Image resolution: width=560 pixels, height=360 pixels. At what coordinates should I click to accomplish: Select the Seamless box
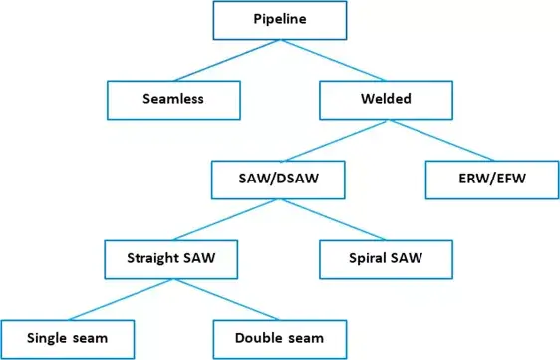pyautogui.click(x=175, y=98)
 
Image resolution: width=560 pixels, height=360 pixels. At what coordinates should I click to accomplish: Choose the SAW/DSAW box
pyautogui.click(x=280, y=180)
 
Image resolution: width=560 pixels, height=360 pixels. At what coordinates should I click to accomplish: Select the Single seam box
pyautogui.click(x=68, y=339)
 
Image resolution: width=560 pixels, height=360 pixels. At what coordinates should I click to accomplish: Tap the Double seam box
pyautogui.click(x=280, y=339)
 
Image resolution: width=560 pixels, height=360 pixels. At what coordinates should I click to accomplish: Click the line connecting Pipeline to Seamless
pyautogui.click(x=227, y=59)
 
